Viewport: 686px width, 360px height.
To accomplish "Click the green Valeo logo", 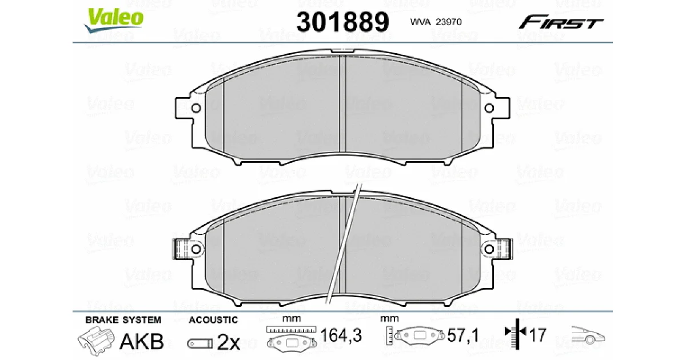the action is pos(113,19).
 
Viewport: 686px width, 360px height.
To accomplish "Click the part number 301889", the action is pos(342,22).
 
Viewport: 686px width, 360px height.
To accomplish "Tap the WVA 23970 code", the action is pos(436,22).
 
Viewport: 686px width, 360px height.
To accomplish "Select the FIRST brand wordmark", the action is pos(561,22).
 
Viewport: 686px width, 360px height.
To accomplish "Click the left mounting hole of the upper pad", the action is pos(196,108).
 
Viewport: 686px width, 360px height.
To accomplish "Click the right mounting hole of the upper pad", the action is pos(489,108).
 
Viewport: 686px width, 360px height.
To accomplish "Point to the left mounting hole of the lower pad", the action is pos(196,249).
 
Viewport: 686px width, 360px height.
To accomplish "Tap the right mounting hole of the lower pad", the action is pos(489,249).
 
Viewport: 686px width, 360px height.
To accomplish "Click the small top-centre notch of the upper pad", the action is pos(342,51).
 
